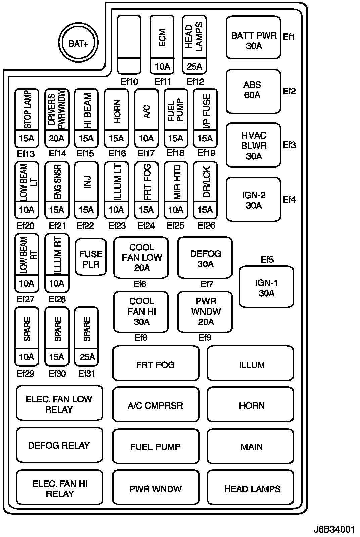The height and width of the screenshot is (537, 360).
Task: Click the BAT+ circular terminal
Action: pos(78,43)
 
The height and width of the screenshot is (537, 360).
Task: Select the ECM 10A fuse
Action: pos(162,44)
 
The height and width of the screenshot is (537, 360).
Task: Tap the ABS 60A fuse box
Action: pos(253,91)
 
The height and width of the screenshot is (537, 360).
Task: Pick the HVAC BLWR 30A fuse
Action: pos(254,145)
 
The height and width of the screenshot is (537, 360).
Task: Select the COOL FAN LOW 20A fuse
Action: pos(141,258)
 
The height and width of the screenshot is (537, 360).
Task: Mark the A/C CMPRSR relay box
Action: pos(155,405)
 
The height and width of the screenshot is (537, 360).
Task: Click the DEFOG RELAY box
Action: pos(59,445)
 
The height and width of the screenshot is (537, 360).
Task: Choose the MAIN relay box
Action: pos(251,447)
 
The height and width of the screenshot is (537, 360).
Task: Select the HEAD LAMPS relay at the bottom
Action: pos(251,488)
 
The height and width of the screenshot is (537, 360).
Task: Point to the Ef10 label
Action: pos(129,82)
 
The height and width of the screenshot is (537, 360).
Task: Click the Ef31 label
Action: pos(87,373)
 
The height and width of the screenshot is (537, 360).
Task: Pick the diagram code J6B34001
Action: pos(334,529)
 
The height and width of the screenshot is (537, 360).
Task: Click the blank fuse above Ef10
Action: pos(129,44)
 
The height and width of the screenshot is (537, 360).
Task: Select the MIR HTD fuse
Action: pos(176,191)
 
